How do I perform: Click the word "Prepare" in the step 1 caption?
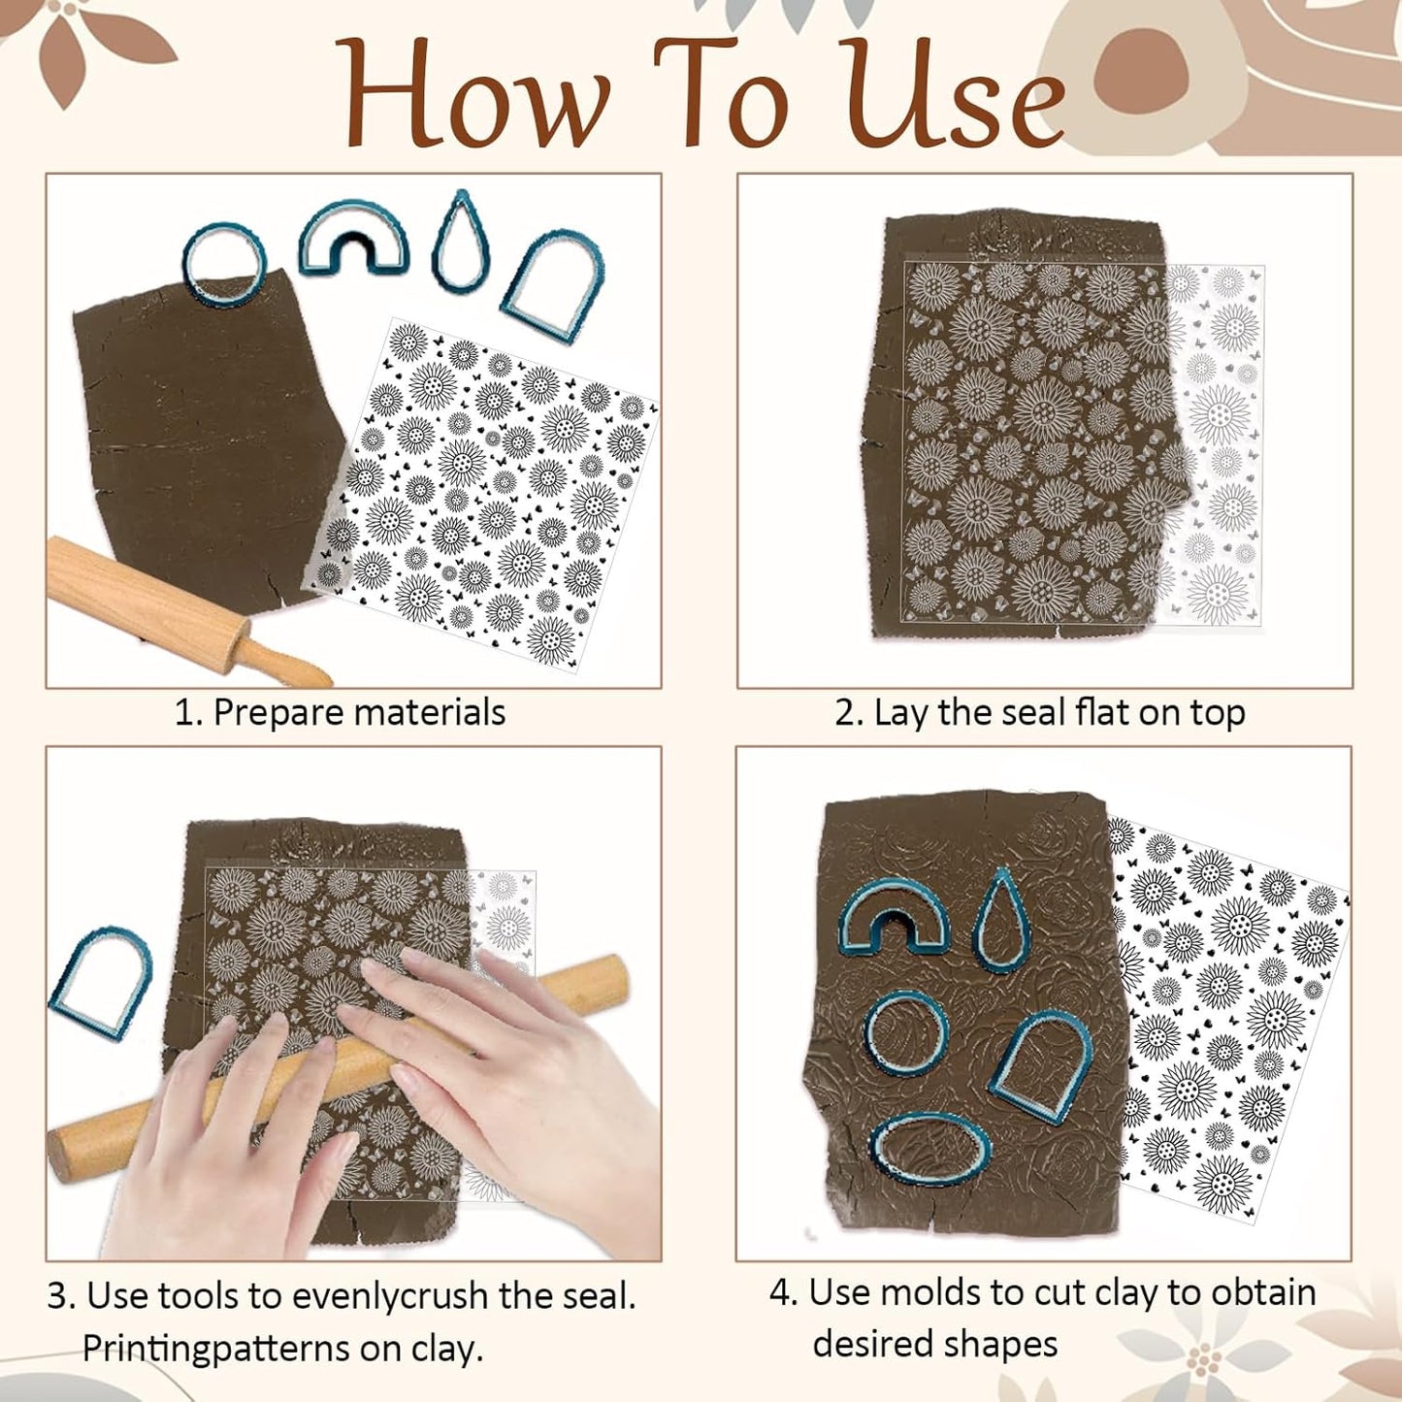[x=277, y=713]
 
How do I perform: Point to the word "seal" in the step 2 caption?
[x=1033, y=713]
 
